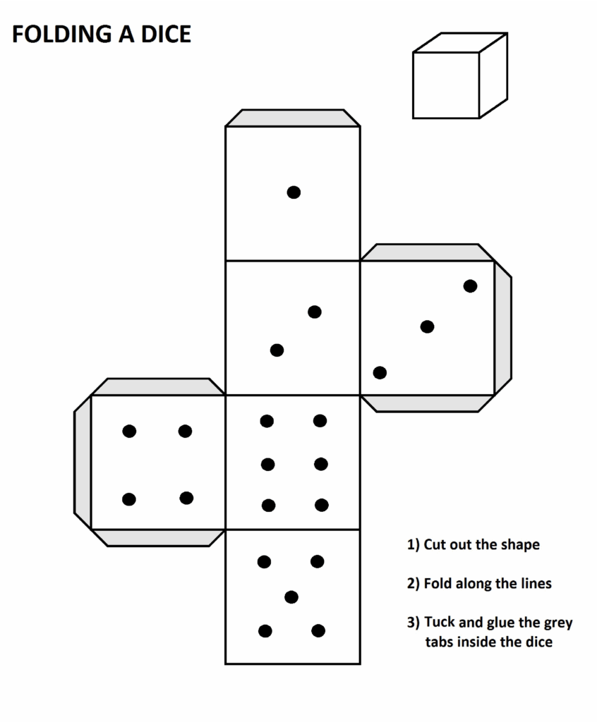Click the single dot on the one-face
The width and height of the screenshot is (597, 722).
click(294, 192)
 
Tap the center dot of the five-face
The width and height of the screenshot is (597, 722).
click(291, 597)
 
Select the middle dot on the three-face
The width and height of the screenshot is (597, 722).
click(428, 327)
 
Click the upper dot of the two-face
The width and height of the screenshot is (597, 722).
click(315, 312)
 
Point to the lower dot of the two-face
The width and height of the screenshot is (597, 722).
click(277, 350)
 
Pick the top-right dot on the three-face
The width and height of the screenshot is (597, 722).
click(470, 286)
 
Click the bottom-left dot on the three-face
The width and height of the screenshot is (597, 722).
click(380, 372)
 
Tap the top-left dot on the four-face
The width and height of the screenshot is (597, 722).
click(129, 432)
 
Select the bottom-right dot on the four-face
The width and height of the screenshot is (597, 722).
click(186, 498)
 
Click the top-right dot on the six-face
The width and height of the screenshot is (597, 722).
click(320, 420)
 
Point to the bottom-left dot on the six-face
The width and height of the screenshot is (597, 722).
click(268, 506)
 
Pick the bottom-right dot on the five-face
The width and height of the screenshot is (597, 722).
click(318, 630)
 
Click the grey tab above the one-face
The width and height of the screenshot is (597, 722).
click(293, 118)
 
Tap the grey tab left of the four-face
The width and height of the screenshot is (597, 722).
click(83, 462)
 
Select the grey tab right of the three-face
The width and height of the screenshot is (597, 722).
click(502, 328)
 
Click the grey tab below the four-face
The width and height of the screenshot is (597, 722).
click(158, 538)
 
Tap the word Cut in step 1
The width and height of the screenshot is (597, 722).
click(435, 544)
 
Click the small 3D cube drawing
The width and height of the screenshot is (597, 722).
click(460, 75)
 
